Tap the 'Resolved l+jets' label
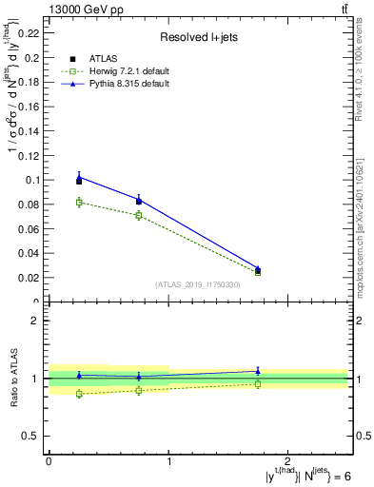point(199,38)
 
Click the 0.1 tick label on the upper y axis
point(34,180)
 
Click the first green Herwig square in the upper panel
point(79,202)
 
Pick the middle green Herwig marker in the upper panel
point(139,215)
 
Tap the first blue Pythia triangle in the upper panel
point(79,176)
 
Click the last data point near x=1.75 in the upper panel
point(258,270)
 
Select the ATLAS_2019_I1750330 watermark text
point(199,284)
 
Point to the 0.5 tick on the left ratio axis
point(34,436)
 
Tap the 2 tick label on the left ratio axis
point(39,321)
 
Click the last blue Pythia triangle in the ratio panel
point(258,371)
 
